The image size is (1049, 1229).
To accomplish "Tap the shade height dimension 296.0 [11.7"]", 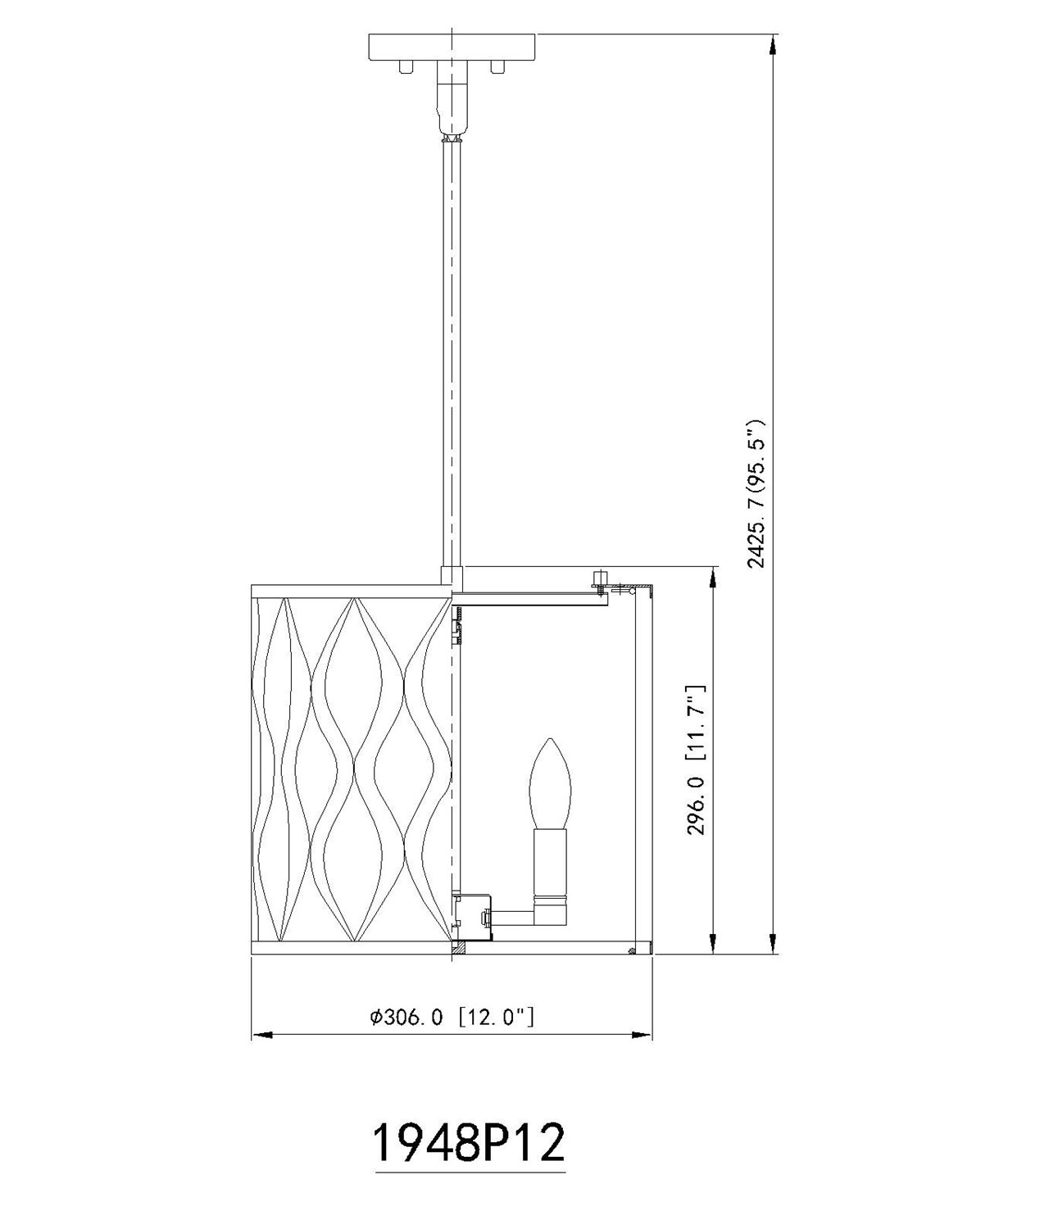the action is (x=697, y=760).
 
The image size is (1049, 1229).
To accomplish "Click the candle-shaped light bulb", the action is (x=550, y=786).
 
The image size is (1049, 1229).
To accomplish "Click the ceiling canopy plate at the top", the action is (x=452, y=47).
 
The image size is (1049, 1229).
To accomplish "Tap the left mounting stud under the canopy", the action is (x=406, y=66).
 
